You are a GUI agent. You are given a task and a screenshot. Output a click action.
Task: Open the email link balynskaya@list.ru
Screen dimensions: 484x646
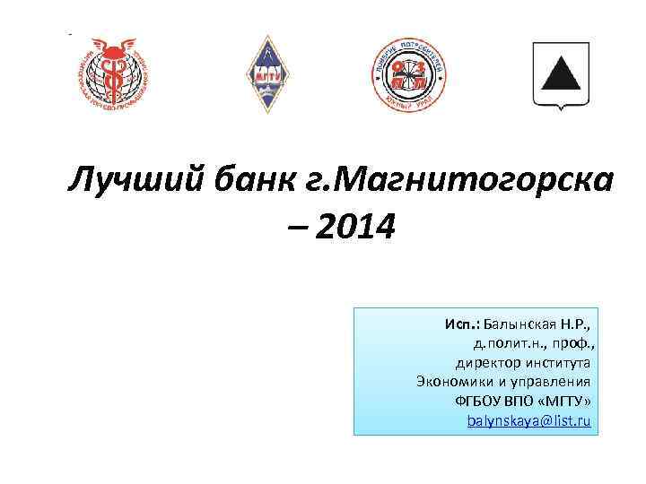(529, 420)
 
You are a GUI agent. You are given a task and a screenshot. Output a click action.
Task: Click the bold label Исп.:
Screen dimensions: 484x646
(462, 323)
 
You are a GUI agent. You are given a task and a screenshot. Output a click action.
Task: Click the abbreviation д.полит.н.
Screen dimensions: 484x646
(508, 342)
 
